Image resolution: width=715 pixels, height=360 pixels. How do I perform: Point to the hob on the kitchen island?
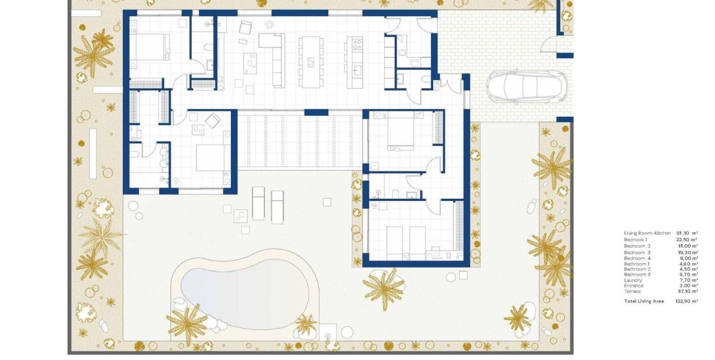(x=354, y=44)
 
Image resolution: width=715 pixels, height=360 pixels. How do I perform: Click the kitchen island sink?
(x=357, y=70)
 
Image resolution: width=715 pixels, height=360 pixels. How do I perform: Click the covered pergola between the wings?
(x=299, y=141)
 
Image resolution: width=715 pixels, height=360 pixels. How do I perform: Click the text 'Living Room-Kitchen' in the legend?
(x=647, y=233)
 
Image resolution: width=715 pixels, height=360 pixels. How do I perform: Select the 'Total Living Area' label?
(x=644, y=301)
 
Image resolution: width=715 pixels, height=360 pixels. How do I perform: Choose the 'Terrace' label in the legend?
(x=632, y=291)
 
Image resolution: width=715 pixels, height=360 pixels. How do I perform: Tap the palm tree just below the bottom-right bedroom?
(x=384, y=287)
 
